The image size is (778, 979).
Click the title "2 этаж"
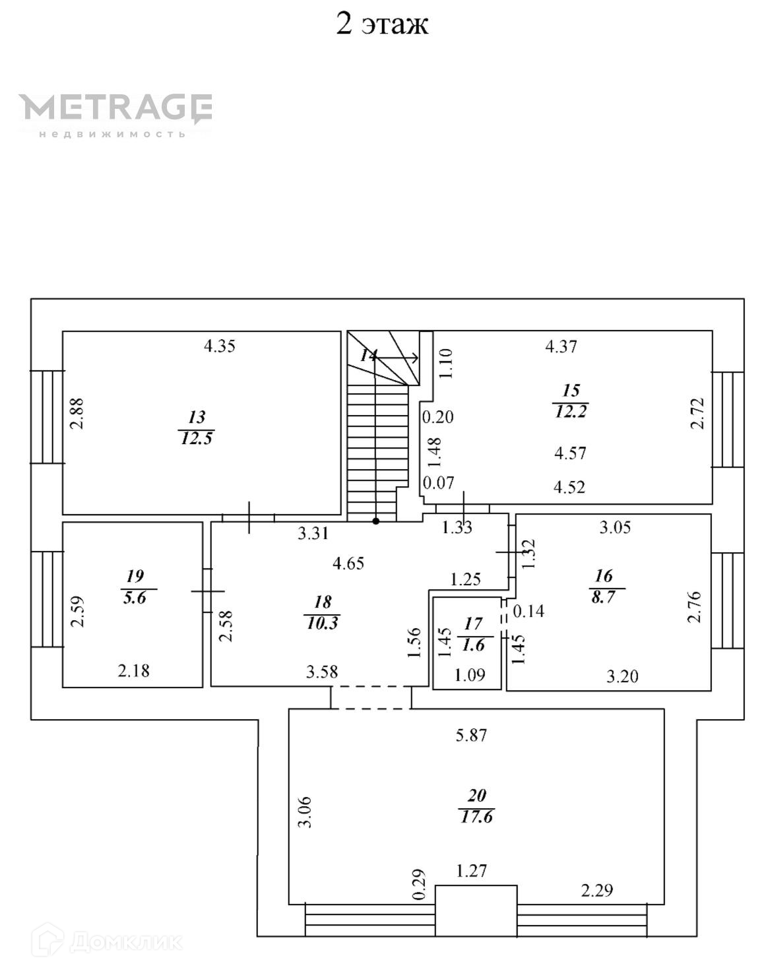click(x=382, y=24)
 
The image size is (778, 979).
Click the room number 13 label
click(x=197, y=417)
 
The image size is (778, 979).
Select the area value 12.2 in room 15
click(x=570, y=412)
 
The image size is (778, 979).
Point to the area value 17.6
click(x=476, y=817)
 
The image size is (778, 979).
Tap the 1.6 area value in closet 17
click(x=474, y=645)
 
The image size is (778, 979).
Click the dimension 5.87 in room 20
click(x=471, y=735)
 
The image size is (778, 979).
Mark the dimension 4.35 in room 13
click(x=219, y=346)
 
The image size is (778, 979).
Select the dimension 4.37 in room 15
click(x=561, y=346)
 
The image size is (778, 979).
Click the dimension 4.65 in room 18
click(x=348, y=563)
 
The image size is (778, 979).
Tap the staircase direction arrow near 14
click(x=399, y=358)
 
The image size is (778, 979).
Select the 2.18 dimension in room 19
click(x=133, y=671)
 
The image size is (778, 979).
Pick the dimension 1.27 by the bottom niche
click(x=472, y=871)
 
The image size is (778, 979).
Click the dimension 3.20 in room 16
click(x=622, y=676)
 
